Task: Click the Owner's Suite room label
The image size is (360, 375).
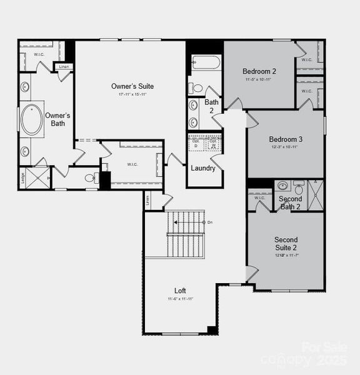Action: (132, 86)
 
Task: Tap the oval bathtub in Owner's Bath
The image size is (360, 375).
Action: (31, 120)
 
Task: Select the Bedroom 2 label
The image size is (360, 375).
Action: (259, 71)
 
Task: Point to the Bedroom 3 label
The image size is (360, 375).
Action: (286, 139)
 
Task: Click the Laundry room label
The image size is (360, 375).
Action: (203, 168)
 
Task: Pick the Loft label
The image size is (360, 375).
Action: (180, 291)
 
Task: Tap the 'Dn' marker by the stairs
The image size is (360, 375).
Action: (210, 222)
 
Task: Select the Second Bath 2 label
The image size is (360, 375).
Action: (291, 203)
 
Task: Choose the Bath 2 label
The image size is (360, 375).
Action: (212, 106)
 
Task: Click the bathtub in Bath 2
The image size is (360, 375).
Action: (206, 62)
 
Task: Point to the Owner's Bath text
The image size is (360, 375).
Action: (57, 119)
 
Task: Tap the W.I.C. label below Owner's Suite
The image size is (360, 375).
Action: (132, 165)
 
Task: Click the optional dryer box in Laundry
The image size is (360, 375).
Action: (196, 143)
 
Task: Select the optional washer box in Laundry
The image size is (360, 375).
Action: (214, 143)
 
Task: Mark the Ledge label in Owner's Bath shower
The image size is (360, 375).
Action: (23, 176)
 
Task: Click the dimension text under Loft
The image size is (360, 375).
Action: (180, 299)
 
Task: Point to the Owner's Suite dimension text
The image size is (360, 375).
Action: (132, 94)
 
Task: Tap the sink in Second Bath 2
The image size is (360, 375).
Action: (282, 186)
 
